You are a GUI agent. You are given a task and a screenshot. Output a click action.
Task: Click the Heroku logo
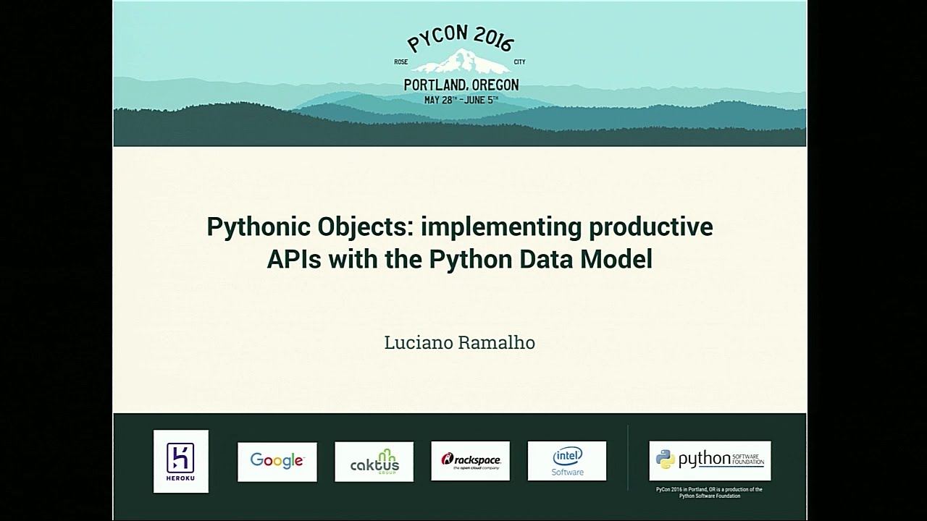click(180, 461)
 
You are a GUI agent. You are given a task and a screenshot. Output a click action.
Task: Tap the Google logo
click(277, 461)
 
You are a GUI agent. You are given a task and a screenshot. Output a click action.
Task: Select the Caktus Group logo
click(374, 461)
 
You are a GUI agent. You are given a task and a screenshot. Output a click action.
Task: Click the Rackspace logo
click(471, 461)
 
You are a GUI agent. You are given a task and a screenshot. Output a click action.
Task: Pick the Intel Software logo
click(567, 461)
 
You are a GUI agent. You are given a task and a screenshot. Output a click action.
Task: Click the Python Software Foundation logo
click(710, 460)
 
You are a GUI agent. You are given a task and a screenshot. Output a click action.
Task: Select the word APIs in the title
click(294, 258)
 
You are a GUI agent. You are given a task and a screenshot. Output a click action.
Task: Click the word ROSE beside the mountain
click(401, 62)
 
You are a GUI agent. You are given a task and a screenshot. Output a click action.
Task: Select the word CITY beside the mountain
click(519, 62)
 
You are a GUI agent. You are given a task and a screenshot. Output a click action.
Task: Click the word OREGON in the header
click(493, 85)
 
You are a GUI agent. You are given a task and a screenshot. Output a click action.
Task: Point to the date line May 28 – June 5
click(461, 100)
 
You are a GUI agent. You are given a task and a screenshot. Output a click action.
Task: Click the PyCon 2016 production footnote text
click(709, 493)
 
